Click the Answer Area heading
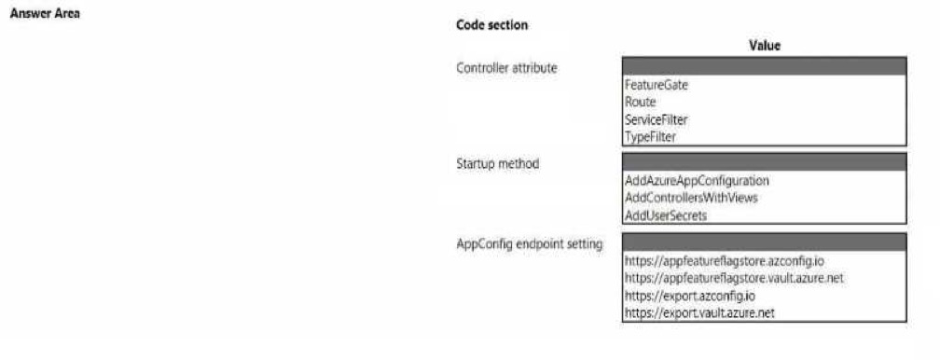click(45, 13)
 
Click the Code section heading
click(492, 25)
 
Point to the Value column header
click(765, 46)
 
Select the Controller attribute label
click(506, 68)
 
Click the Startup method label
click(498, 163)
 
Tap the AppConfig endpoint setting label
click(530, 243)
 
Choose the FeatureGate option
click(657, 85)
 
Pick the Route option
click(641, 103)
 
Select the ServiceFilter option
click(656, 120)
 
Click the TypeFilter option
click(651, 137)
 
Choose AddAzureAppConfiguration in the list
click(697, 181)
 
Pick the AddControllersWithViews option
click(691, 198)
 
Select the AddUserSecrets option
click(666, 215)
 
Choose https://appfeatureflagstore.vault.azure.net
click(735, 279)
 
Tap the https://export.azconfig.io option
click(689, 296)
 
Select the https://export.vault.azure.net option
click(699, 312)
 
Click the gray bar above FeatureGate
click(765, 66)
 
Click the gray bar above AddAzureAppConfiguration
click(765, 162)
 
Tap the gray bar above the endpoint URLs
click(765, 242)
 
